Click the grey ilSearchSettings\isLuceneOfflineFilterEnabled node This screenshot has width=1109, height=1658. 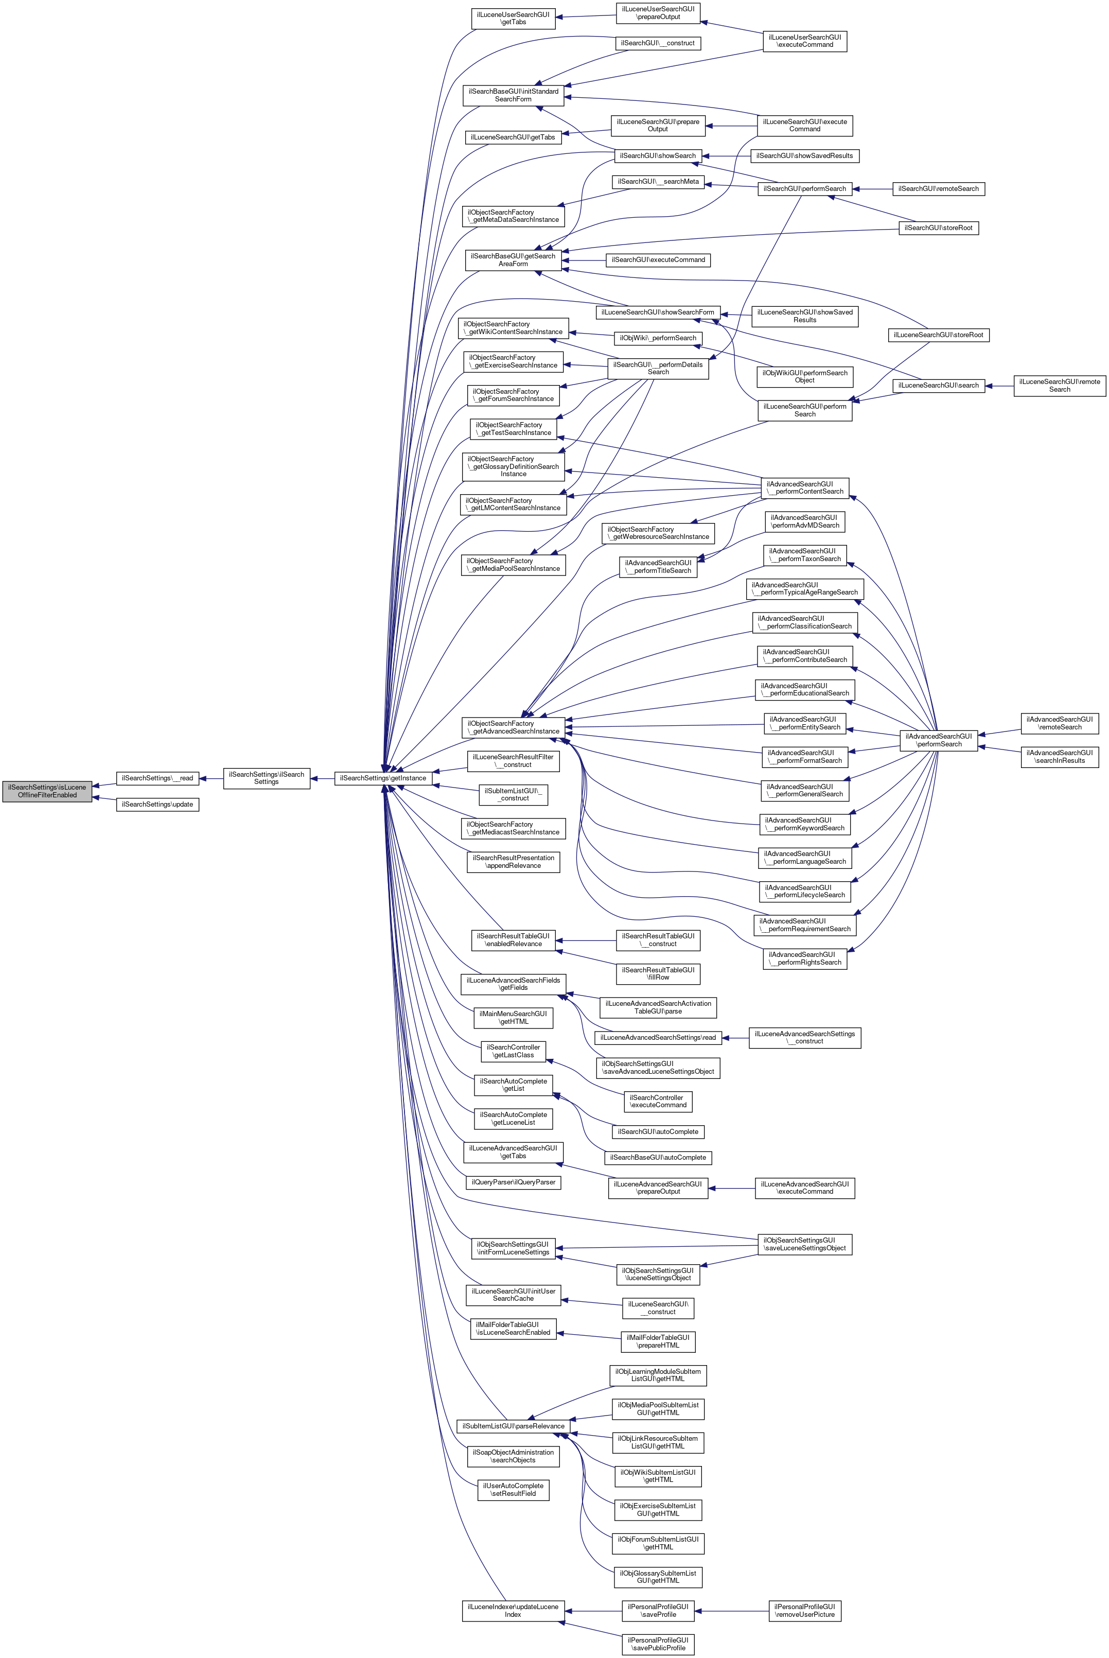pyautogui.click(x=47, y=791)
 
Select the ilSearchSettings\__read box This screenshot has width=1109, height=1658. pyautogui.click(x=157, y=778)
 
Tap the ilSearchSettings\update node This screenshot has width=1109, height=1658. pyautogui.click(x=157, y=804)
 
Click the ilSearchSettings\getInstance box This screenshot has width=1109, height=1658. pyautogui.click(x=383, y=778)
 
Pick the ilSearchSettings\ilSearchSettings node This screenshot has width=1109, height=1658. pyautogui.click(x=267, y=778)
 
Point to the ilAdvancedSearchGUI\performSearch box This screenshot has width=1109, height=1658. pyautogui.click(x=939, y=740)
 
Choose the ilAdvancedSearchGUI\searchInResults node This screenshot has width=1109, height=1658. pyautogui.click(x=1060, y=757)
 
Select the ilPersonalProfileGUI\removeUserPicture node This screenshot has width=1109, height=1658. pyautogui.click(x=805, y=1611)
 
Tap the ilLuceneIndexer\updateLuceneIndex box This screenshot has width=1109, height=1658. pyautogui.click(x=513, y=1611)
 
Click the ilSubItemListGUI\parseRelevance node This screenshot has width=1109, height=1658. pyautogui.click(x=513, y=1426)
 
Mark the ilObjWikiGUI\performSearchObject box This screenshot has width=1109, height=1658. pyautogui.click(x=804, y=376)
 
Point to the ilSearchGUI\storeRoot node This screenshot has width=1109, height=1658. pyautogui.click(x=939, y=228)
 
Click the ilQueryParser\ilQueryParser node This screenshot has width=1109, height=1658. pyautogui.click(x=514, y=1182)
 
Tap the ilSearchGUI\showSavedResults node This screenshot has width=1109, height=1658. pyautogui.click(x=804, y=155)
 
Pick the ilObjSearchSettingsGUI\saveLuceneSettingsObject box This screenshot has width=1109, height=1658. pyautogui.click(x=805, y=1244)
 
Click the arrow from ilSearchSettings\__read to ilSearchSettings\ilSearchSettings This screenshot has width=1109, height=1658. pyautogui.click(x=211, y=778)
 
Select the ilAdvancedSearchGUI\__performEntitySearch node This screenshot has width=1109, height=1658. pyautogui.click(x=805, y=723)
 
